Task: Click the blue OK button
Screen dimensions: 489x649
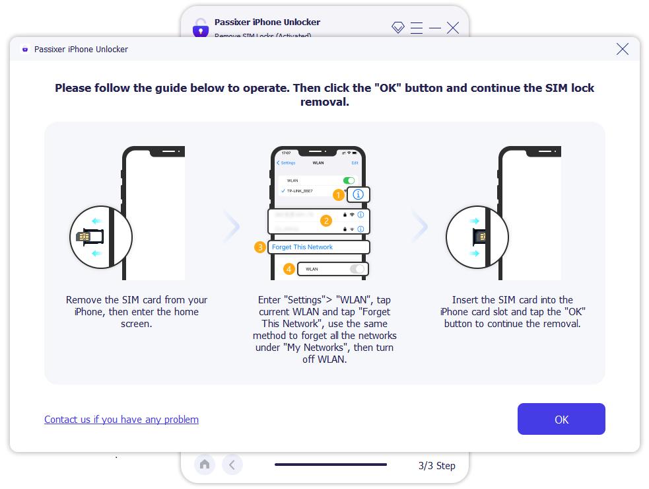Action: click(x=561, y=419)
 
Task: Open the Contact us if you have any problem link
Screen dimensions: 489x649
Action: click(x=121, y=419)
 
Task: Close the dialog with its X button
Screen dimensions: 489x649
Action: click(x=622, y=49)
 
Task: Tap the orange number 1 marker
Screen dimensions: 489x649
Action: click(x=338, y=195)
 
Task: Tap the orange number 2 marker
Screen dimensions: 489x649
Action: click(x=325, y=221)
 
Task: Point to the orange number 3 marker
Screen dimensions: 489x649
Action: click(x=260, y=247)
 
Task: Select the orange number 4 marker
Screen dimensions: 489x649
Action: click(x=289, y=269)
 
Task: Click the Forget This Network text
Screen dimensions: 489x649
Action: click(x=302, y=247)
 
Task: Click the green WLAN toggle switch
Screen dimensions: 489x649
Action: click(x=349, y=180)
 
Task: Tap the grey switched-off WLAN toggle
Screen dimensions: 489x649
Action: click(x=357, y=269)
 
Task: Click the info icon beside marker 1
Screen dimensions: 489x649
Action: click(x=358, y=194)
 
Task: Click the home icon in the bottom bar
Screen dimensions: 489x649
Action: click(x=205, y=465)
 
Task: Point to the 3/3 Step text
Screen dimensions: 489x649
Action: click(x=436, y=465)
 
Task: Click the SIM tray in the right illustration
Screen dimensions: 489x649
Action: click(x=480, y=237)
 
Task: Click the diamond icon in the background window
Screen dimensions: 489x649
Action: click(x=397, y=27)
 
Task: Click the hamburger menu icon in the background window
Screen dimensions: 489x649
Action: click(x=416, y=27)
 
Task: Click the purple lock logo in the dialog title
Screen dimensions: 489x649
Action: click(x=25, y=49)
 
